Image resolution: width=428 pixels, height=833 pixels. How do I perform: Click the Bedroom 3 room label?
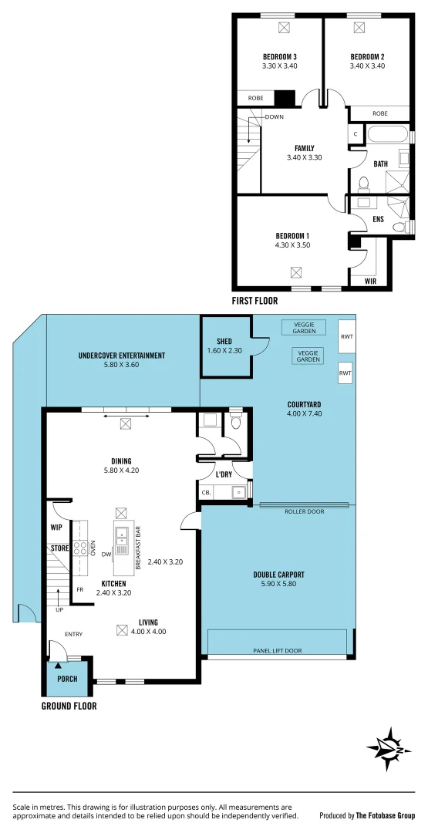(279, 57)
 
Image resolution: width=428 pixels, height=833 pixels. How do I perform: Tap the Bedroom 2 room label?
(367, 57)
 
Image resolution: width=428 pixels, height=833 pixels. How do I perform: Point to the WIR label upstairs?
(371, 282)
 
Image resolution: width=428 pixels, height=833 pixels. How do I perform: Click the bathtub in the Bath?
(387, 136)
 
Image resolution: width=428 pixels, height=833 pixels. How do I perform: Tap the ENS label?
(378, 220)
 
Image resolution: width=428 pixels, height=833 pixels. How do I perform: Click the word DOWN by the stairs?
(274, 117)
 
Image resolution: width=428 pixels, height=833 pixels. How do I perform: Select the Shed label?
(224, 342)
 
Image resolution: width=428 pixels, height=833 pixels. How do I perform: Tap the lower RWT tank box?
(345, 373)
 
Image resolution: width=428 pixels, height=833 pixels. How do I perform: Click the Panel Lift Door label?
(278, 650)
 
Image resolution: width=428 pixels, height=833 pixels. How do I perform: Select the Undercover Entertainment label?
(121, 356)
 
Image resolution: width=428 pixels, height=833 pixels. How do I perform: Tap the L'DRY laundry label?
(223, 474)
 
